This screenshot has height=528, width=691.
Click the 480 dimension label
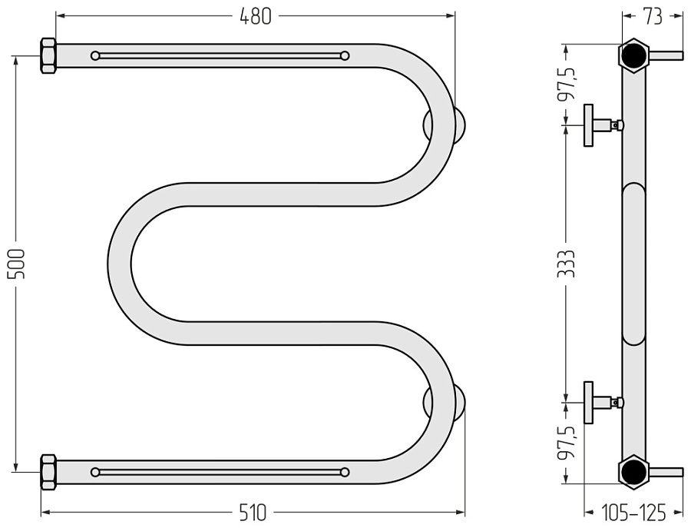pos(255,16)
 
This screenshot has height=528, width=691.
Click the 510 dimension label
pos(253,513)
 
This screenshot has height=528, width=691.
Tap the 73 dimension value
pos(652,16)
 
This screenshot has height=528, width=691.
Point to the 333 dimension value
pos(566,264)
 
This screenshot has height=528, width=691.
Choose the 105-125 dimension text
pos(633,513)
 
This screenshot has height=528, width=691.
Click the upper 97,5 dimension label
pos(566,84)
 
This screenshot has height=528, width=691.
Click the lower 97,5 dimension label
pos(566,443)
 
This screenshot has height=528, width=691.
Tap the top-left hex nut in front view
pos(48,55)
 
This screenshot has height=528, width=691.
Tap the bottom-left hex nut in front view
pos(48,472)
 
